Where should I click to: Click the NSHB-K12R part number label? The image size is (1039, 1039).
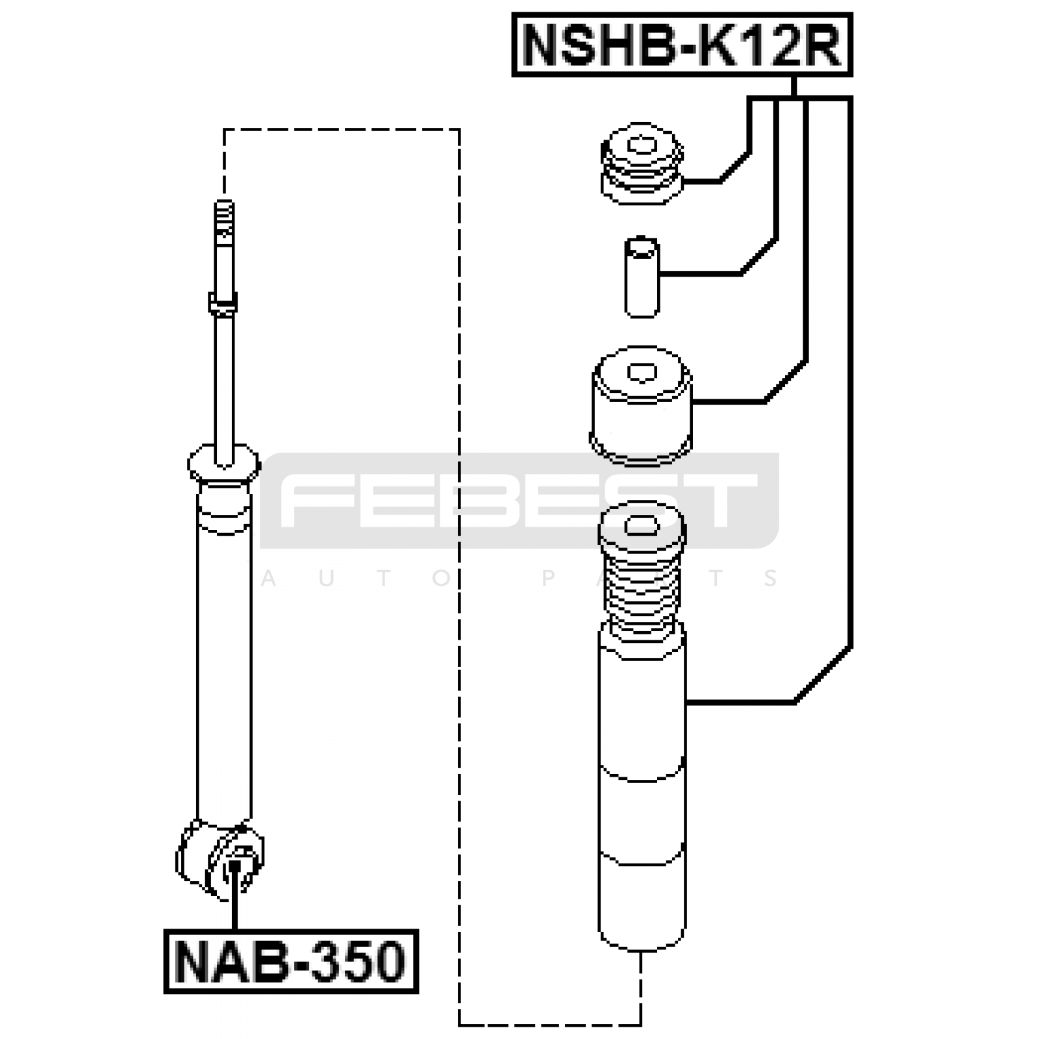pyautogui.click(x=682, y=45)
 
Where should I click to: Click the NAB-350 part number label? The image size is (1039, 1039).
pyautogui.click(x=291, y=962)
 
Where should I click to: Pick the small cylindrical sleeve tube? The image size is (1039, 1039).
pyautogui.click(x=642, y=277)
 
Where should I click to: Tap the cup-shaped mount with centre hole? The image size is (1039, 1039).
pyautogui.click(x=641, y=406)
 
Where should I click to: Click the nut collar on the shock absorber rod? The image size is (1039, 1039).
pyautogui.click(x=223, y=303)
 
